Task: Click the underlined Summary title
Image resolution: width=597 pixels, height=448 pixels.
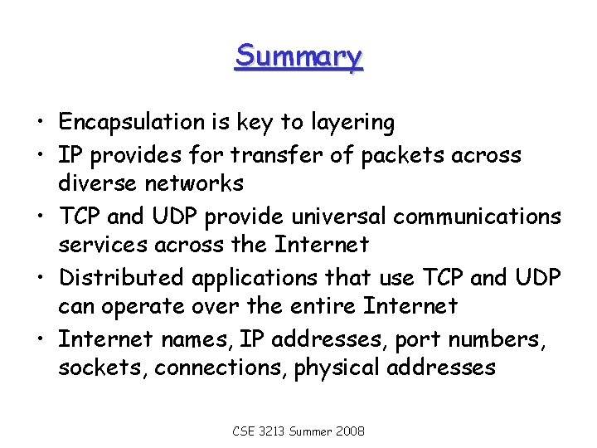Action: [x=298, y=56]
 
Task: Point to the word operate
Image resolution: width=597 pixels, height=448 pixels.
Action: [x=145, y=307]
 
